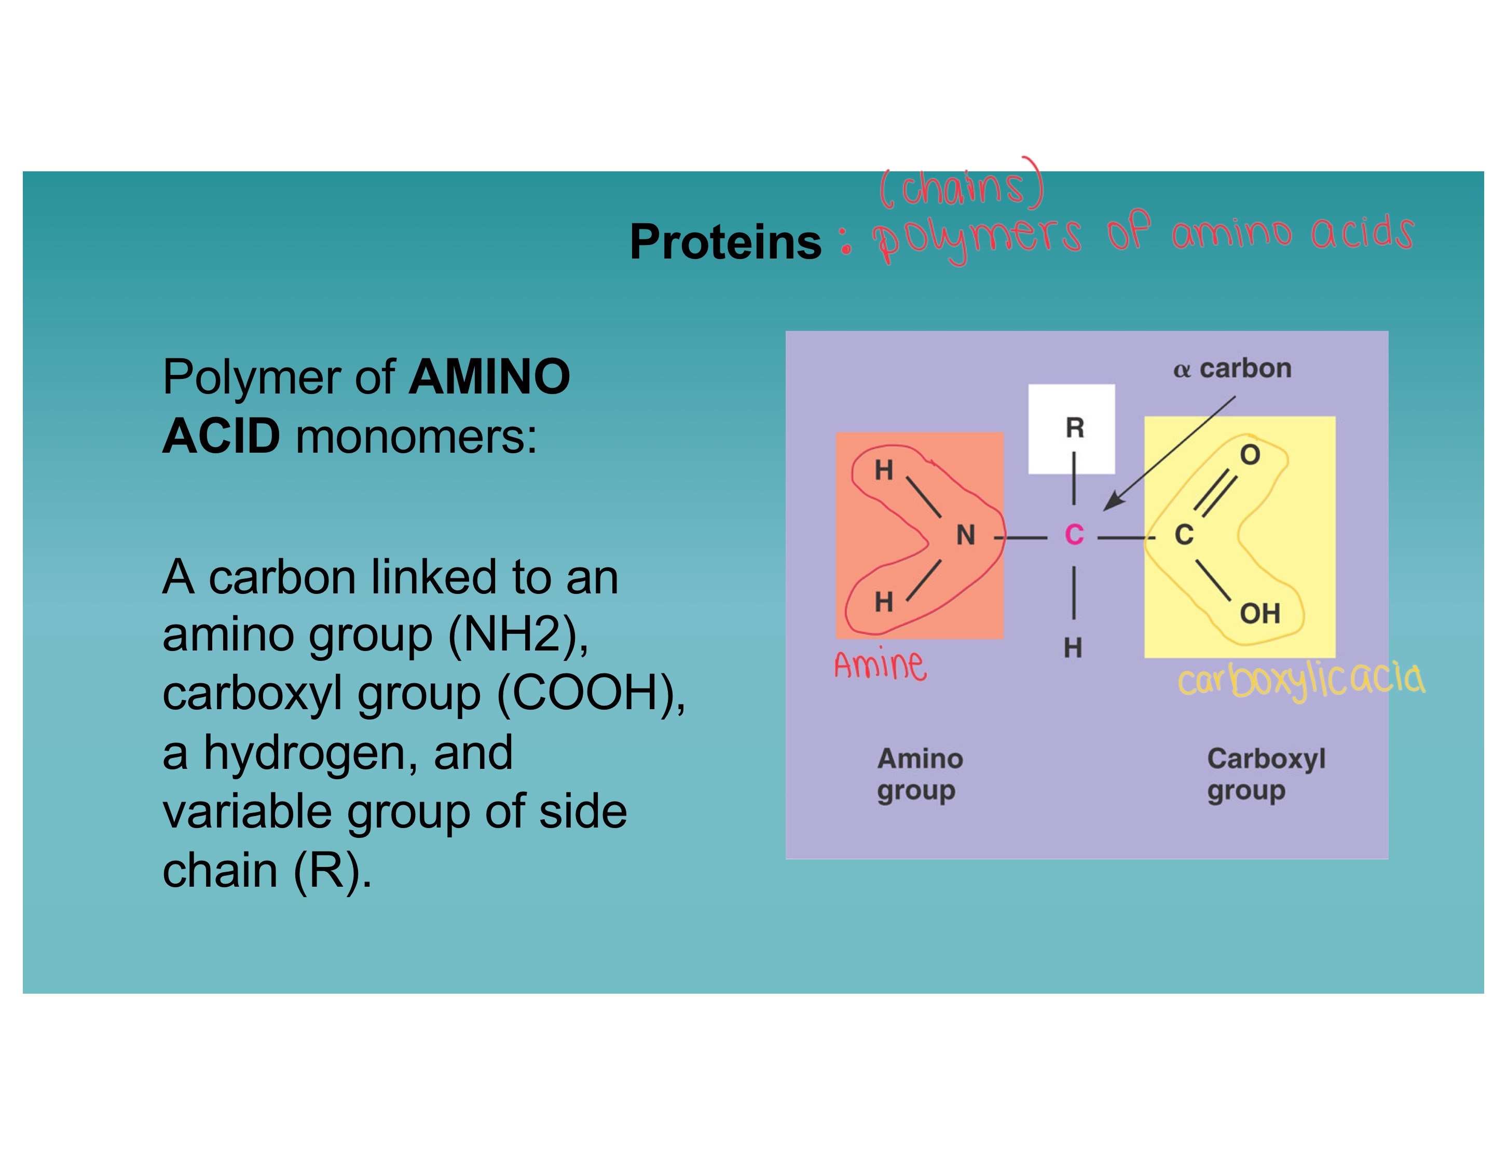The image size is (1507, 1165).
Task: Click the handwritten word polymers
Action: coord(976,237)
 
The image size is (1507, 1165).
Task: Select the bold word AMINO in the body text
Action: coord(489,377)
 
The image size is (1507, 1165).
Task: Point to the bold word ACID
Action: coord(221,437)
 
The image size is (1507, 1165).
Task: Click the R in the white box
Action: coord(1074,428)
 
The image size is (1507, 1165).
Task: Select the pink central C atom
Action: coord(1074,535)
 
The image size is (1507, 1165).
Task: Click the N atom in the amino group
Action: coord(965,535)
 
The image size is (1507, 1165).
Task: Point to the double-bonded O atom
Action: coord(1250,455)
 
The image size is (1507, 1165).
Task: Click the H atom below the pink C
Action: coord(1072,647)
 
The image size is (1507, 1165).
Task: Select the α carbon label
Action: coord(1231,369)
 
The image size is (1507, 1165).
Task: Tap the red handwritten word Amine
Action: coord(880,665)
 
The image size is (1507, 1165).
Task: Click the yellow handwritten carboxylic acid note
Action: coord(1300,679)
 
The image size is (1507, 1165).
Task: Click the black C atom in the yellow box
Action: coord(1183,535)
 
